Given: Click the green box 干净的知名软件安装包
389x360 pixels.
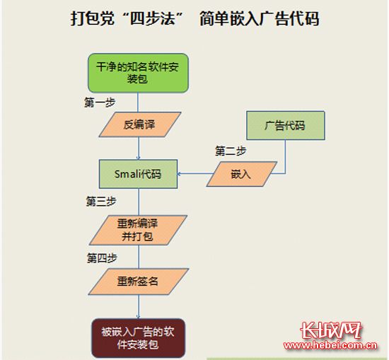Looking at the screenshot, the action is pos(138,73).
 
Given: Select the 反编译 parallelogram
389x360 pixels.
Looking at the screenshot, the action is pos(140,124).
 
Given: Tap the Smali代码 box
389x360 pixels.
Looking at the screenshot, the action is pos(138,174).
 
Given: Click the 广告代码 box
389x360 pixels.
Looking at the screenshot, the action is pos(286,125).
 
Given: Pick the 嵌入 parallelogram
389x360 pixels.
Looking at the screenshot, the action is pos(242,174).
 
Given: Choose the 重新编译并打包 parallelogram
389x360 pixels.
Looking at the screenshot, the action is pos(138,230).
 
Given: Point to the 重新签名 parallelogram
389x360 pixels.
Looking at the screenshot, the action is pos(139,281).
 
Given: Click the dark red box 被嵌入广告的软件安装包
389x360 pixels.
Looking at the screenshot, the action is pos(139,338).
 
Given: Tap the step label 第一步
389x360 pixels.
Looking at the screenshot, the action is pos(100,103).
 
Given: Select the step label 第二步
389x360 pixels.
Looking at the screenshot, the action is pos(231,151).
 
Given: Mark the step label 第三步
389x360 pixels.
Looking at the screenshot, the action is pos(101,202).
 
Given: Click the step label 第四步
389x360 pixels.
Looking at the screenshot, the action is pos(102,258).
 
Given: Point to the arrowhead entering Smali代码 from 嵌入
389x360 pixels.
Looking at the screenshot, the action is pos(179,174).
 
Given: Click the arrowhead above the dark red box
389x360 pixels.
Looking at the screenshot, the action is pos(139,317).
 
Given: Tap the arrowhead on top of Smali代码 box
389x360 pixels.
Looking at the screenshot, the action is pos(139,158).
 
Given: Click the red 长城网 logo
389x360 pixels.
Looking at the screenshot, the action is pos(331,330).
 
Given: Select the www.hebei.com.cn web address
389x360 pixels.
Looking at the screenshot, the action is pos(331,345).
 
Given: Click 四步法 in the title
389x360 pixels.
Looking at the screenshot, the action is pos(153,18).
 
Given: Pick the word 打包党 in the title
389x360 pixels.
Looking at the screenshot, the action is pos(93,18).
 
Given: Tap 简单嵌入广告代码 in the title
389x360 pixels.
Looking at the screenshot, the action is pos(260,18).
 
